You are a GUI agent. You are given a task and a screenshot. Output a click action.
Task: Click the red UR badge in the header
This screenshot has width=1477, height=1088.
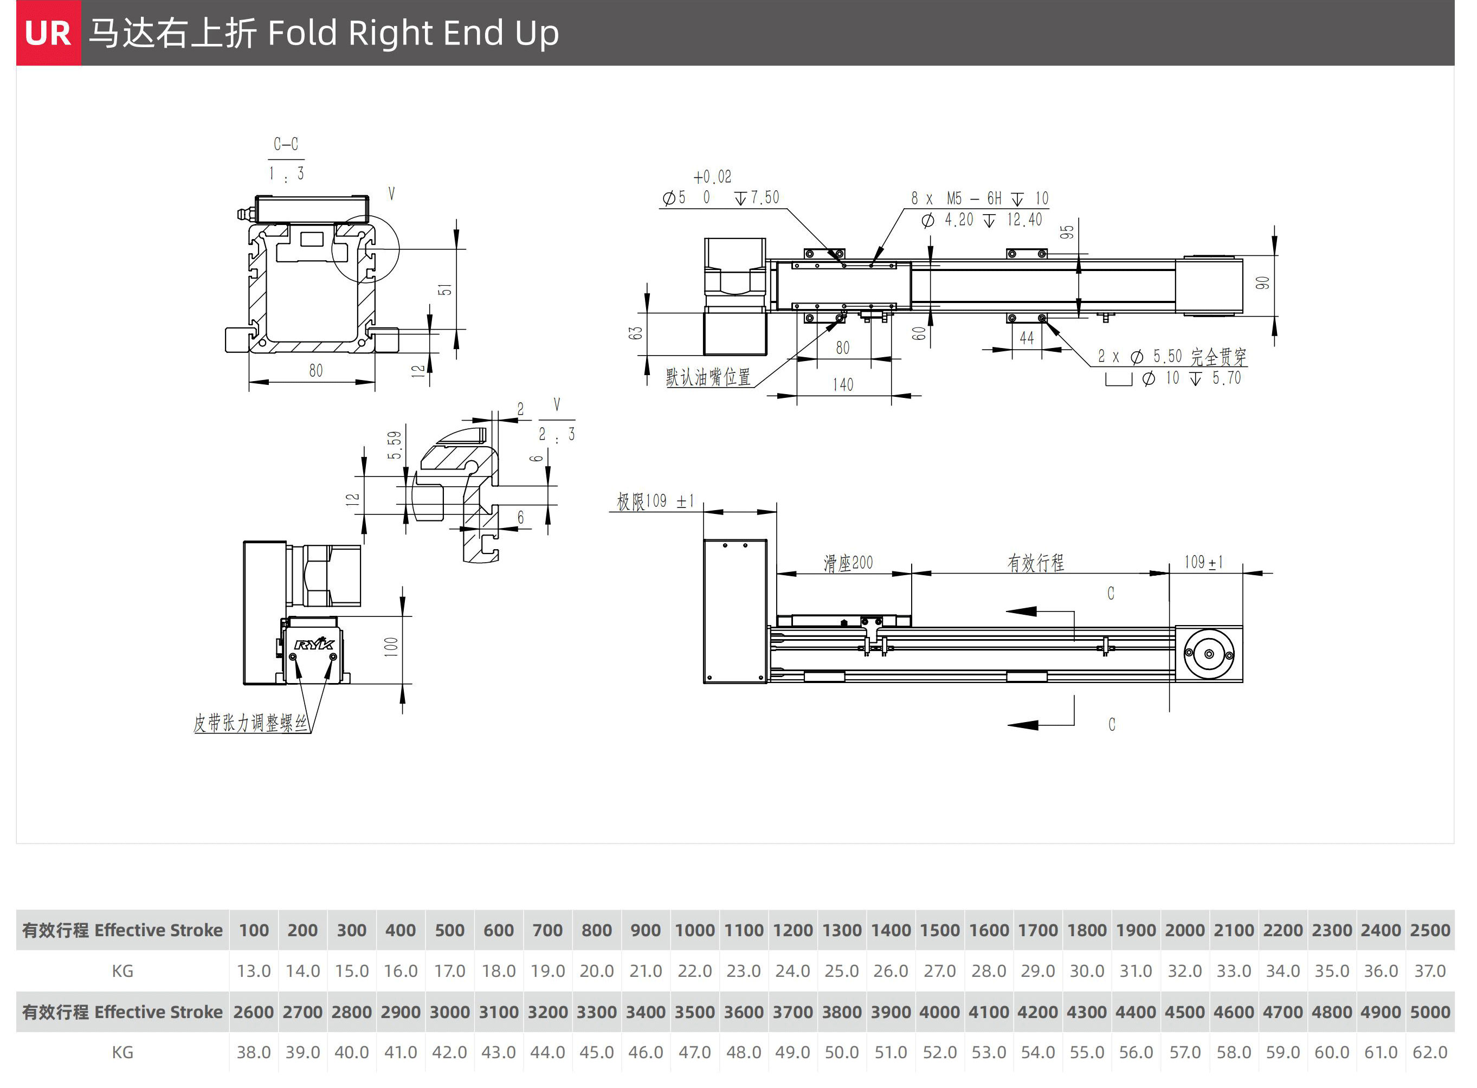tap(48, 33)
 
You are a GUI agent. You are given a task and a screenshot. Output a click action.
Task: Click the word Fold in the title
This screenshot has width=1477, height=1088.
tap(303, 33)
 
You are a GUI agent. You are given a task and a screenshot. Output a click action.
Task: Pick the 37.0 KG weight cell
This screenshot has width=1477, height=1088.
tap(1430, 971)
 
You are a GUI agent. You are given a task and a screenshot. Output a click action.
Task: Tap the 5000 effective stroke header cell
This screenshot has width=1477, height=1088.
tap(1430, 1012)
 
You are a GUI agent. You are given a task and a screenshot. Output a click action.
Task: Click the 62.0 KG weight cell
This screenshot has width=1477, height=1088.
tap(1430, 1052)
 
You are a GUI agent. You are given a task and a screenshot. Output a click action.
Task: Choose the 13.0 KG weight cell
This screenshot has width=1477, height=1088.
tap(254, 971)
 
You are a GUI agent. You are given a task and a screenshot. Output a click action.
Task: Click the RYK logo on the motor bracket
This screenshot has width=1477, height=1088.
tap(314, 643)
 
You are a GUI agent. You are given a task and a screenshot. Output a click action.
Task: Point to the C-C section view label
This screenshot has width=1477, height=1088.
tap(286, 144)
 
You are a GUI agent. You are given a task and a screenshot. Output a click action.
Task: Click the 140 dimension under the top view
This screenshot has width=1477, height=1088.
tap(843, 384)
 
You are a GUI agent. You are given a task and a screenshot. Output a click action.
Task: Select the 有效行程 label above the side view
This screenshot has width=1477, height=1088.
tap(1035, 563)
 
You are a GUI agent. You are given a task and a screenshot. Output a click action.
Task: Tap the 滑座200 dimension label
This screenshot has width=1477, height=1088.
tap(848, 563)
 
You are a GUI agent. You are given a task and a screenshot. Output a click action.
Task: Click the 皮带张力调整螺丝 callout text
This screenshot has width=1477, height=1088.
tap(250, 723)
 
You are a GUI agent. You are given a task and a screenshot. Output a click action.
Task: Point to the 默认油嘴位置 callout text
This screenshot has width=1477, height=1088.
tap(708, 377)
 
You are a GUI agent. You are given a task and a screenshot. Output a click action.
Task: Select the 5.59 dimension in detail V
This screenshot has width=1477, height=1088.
tap(394, 445)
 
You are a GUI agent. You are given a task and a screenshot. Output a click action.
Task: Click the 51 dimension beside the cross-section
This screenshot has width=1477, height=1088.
tap(445, 290)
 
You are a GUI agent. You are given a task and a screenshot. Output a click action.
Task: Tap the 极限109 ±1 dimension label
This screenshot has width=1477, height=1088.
tap(655, 501)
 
